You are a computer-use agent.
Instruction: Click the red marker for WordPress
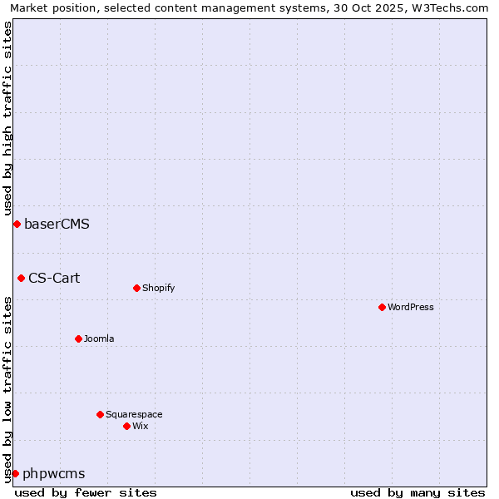coord(382,307)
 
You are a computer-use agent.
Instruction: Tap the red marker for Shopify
coord(136,288)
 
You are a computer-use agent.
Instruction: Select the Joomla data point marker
coord(78,338)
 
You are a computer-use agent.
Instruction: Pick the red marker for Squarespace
coord(100,414)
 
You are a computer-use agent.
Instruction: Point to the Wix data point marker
coord(126,426)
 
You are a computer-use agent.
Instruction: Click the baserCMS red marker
coord(17,224)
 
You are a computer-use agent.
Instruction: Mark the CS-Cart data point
coord(21,278)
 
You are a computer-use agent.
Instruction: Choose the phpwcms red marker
coord(15,473)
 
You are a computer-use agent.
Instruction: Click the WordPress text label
coord(411,307)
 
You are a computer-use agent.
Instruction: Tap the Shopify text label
coord(158,288)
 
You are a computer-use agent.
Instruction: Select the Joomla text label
coord(99,338)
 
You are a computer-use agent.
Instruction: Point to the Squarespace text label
coord(134,414)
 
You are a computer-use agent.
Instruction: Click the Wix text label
coord(140,426)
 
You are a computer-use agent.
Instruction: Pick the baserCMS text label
coord(57,224)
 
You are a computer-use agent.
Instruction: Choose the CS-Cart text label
coord(54,278)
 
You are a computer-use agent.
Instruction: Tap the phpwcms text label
coord(53,474)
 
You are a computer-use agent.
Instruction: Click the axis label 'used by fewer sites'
coord(86,492)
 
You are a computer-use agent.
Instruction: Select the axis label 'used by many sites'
coord(417,492)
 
